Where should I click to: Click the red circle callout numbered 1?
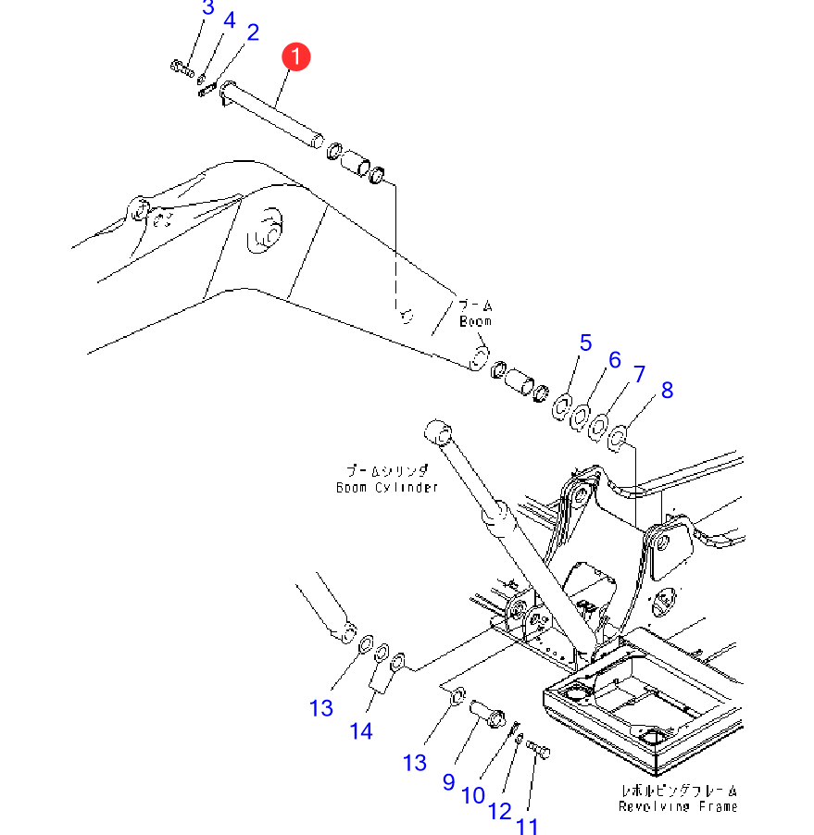coord(295,56)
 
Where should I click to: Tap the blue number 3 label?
coord(208,9)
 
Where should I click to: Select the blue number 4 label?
coord(229,20)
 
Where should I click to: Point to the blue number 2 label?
coord(252,32)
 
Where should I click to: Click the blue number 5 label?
coord(585,343)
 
